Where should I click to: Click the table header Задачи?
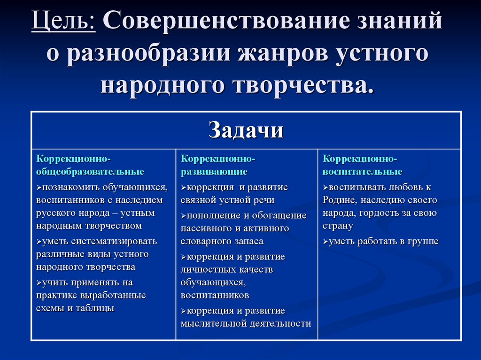pos(246,130)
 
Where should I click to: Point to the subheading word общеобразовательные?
pos(90,172)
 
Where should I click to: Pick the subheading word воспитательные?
pos(362,172)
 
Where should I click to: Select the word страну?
pos(337,226)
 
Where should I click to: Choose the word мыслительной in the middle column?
pos(214,323)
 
